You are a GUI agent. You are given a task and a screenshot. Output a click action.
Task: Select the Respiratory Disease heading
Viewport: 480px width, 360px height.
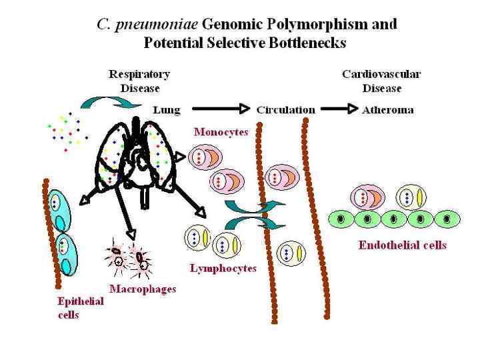pyautogui.click(x=139, y=81)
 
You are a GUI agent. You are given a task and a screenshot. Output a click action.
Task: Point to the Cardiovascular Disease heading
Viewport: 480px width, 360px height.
pyautogui.click(x=381, y=81)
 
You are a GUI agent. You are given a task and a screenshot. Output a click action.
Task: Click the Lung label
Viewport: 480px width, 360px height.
pyautogui.click(x=167, y=110)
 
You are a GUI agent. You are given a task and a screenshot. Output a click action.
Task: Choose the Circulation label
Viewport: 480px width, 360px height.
pyautogui.click(x=285, y=110)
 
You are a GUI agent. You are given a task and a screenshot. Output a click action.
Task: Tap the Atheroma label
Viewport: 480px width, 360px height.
pyautogui.click(x=388, y=110)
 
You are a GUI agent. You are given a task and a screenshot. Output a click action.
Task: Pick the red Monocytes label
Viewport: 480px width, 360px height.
pyautogui.click(x=221, y=132)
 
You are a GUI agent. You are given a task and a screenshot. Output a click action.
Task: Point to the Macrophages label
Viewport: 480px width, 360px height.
pyautogui.click(x=143, y=289)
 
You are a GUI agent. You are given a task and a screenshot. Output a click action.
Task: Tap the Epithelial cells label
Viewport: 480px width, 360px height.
pyautogui.click(x=81, y=308)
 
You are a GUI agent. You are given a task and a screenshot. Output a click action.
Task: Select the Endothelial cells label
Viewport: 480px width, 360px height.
pyautogui.click(x=402, y=245)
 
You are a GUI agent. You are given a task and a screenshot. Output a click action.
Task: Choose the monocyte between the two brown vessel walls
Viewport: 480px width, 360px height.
pyautogui.click(x=281, y=177)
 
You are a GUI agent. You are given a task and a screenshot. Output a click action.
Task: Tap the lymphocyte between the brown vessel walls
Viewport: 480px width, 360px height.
pyautogui.click(x=293, y=253)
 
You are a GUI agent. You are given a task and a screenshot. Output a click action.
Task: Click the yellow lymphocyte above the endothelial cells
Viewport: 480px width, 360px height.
pyautogui.click(x=411, y=197)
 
